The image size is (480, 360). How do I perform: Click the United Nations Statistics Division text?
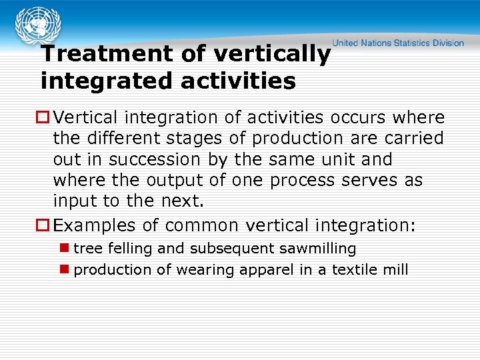click(399, 43)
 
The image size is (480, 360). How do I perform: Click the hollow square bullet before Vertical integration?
click(45, 118)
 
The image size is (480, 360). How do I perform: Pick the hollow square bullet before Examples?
click(45, 226)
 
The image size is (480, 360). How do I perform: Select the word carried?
click(414, 139)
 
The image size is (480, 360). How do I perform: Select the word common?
click(203, 226)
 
